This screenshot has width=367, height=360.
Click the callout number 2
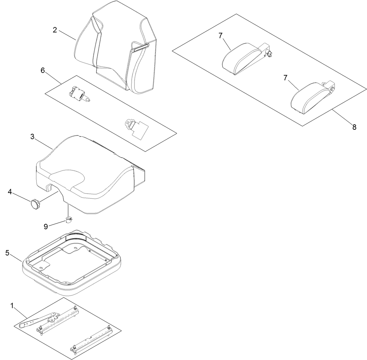click(x=55, y=30)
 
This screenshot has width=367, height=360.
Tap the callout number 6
click(x=42, y=70)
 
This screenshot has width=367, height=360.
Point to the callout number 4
click(x=10, y=192)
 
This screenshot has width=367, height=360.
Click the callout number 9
click(x=46, y=227)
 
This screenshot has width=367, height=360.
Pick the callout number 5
click(x=7, y=253)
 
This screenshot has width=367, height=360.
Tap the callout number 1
click(x=12, y=306)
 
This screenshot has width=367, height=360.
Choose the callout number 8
click(x=354, y=127)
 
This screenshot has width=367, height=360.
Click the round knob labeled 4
click(x=35, y=204)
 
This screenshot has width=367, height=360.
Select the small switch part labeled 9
click(x=69, y=221)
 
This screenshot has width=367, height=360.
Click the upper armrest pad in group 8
click(x=242, y=59)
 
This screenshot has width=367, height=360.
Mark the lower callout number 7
click(x=285, y=78)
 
